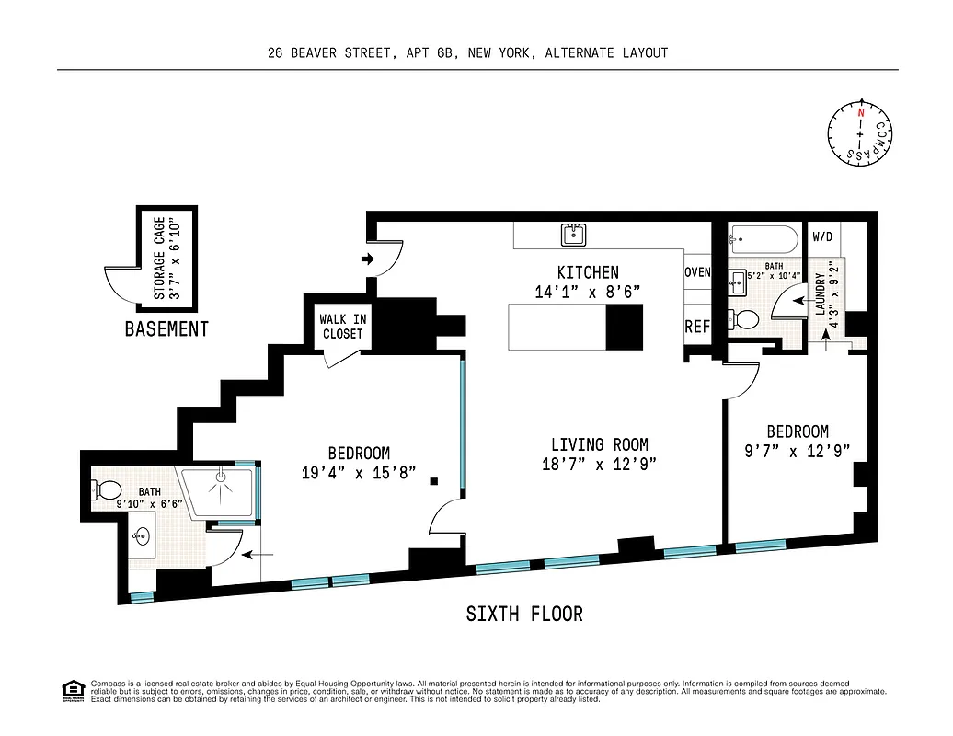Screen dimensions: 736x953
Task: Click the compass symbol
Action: point(861,134)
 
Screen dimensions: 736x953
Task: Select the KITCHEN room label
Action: point(588,272)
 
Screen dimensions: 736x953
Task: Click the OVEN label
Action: point(697,272)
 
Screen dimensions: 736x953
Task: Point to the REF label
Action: point(697,327)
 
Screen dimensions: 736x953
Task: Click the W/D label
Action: point(822,237)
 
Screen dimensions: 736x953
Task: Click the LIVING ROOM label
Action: point(600,445)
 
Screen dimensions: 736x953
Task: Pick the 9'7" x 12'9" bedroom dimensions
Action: point(798,451)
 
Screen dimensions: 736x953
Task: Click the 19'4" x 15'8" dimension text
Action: point(359,473)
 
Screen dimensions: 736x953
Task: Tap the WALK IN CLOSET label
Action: point(342,327)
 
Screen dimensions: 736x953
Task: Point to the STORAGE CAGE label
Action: point(159,258)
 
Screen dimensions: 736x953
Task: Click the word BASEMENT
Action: point(166,329)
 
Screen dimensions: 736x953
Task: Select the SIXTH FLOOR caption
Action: point(524,614)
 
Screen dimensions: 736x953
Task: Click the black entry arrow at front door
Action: point(368,259)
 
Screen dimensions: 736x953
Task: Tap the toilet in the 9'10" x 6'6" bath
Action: point(107,489)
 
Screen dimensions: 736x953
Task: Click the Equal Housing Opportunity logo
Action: point(71,689)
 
